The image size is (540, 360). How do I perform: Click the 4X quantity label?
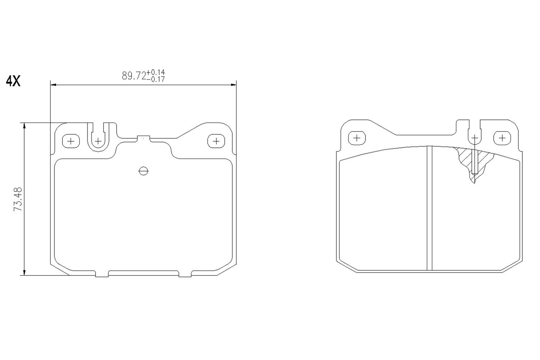click(13, 81)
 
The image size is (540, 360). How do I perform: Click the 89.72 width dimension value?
click(134, 76)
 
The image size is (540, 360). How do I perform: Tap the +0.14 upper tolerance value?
click(156, 72)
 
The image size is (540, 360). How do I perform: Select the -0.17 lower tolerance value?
click(156, 79)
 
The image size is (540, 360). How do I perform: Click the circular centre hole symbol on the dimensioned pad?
click(144, 171)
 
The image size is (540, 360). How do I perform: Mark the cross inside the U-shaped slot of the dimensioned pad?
click(98, 141)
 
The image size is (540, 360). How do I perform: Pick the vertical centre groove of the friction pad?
click(429, 208)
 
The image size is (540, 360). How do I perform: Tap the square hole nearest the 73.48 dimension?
click(71, 141)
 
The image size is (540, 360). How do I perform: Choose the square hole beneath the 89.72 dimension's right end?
click(216, 141)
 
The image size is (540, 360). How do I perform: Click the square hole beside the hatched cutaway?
click(502, 138)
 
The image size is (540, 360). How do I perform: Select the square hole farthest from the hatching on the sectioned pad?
click(357, 138)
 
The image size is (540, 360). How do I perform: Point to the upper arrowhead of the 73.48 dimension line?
click(25, 126)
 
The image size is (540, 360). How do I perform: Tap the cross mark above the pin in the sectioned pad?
click(475, 138)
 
